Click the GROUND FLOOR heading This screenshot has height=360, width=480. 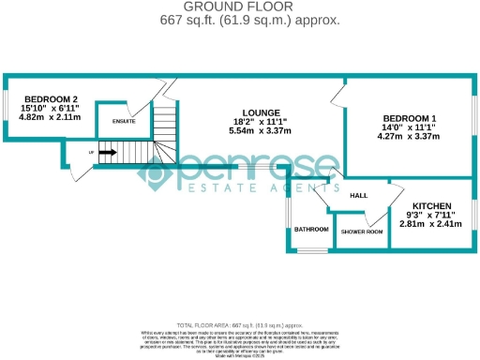coord(241,7)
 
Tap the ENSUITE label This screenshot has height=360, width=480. coord(124,121)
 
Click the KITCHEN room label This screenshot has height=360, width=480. coord(432,206)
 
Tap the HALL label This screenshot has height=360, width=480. coord(358,196)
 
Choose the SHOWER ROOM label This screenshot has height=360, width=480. coord(361,231)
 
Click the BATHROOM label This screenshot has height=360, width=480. coord(310,229)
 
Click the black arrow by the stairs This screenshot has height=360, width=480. coord(104,152)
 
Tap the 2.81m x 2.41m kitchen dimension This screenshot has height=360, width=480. coord(432,225)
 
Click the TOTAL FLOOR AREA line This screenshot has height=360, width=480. coord(240,323)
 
